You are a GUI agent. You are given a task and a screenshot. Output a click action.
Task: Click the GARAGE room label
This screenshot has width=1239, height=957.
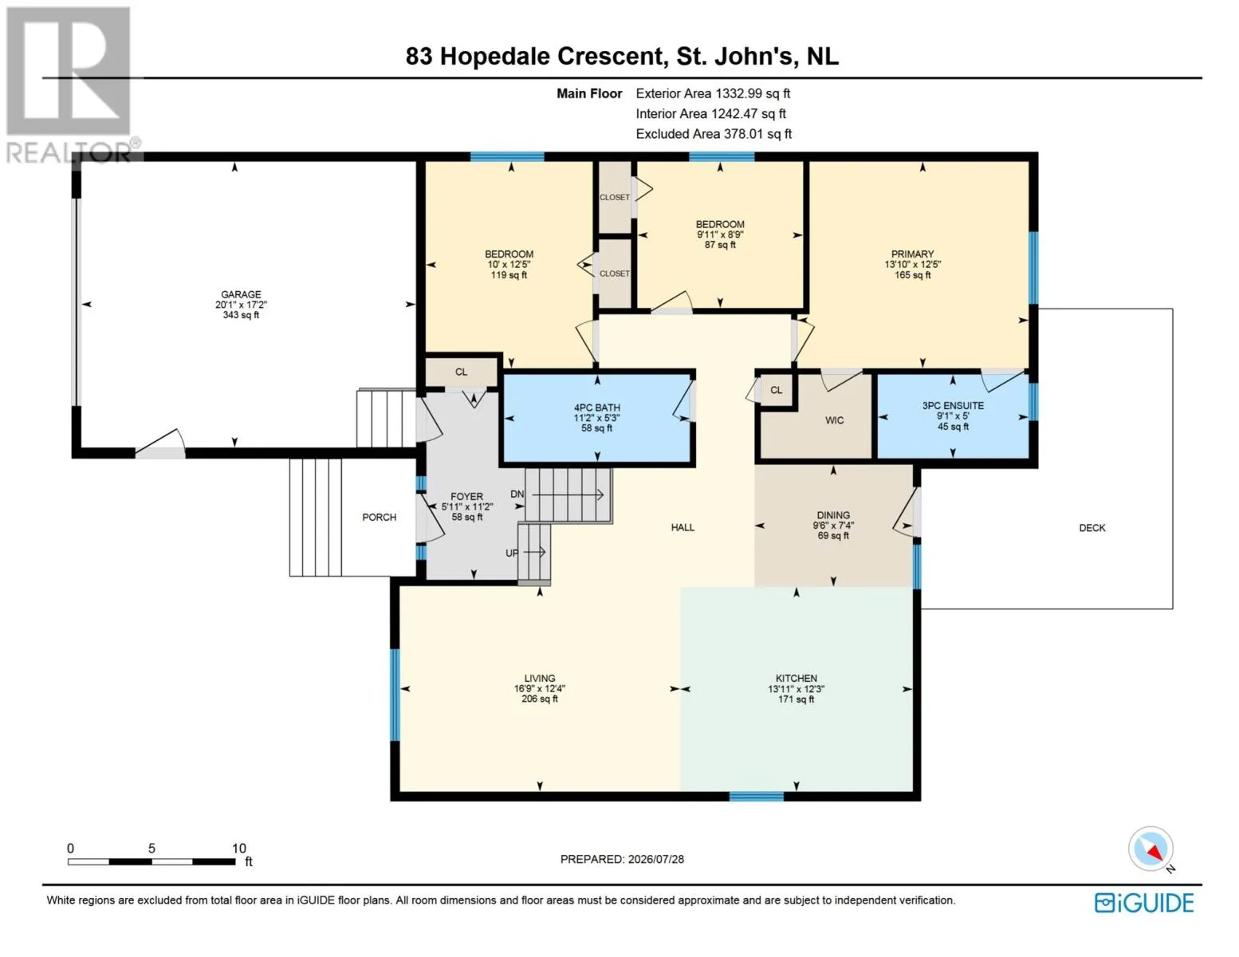pos(241,294)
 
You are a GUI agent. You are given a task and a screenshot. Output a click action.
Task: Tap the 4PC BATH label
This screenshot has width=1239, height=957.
pos(596,408)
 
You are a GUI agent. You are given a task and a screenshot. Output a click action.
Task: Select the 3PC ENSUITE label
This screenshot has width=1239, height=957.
pos(953,405)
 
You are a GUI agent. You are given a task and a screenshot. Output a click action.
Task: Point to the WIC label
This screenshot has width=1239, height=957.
pos(834,420)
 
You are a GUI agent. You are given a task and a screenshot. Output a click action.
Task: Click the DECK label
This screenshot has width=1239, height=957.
pos(1091,528)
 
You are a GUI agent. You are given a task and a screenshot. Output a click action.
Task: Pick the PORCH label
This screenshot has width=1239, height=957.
pos(380,518)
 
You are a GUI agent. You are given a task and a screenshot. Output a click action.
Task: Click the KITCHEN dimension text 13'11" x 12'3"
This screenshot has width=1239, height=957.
pos(796,689)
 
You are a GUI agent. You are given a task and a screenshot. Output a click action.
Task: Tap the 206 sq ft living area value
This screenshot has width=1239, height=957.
pos(540,699)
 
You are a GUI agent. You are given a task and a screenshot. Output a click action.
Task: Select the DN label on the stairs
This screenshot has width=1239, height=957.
pos(517,494)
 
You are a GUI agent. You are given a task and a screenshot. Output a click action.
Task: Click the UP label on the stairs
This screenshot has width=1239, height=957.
pos(512,553)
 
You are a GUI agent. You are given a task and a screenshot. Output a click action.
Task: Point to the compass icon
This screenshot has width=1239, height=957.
pos(1150,849)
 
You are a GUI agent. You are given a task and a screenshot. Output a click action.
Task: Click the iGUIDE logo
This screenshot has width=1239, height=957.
pos(1144,903)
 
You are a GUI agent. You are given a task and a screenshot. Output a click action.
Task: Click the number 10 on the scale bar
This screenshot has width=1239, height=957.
pos(239,848)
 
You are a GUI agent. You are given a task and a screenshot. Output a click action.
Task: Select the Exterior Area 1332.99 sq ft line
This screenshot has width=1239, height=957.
pos(713,93)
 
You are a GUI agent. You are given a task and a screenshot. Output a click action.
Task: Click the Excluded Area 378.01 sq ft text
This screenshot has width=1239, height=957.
pos(714,134)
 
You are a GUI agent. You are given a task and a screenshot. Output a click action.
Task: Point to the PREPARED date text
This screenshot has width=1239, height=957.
pos(622,859)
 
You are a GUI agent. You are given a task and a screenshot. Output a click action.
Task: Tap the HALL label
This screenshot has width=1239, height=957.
pos(682,528)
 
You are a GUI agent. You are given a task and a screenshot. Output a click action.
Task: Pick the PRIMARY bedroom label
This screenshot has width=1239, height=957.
pos(912,254)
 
